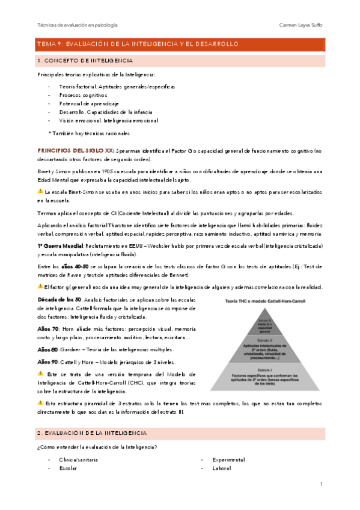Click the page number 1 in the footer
coord(322,484)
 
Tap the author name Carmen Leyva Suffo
coord(302,25)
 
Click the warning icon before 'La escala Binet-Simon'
coord(40,191)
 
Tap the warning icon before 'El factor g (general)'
coord(40,286)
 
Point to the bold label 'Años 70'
coord(47,328)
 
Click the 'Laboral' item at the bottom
coord(222,468)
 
